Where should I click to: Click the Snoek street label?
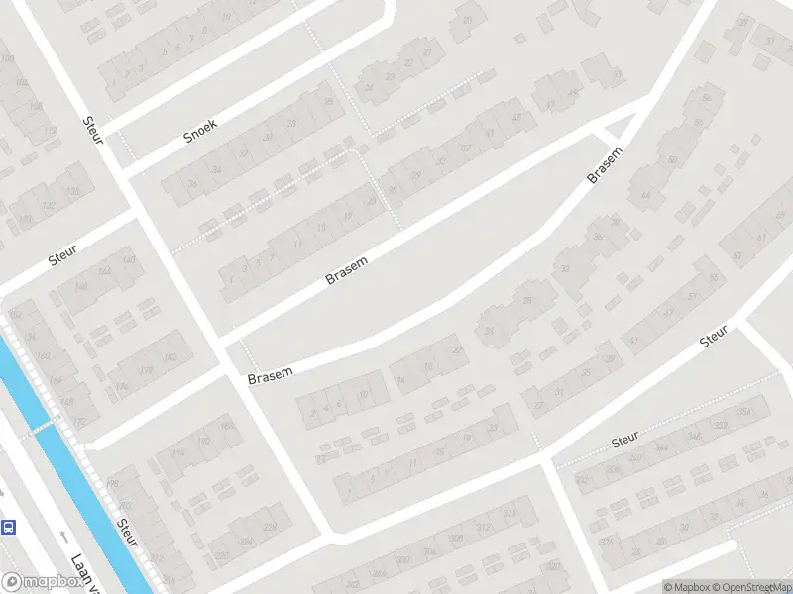pos(200,130)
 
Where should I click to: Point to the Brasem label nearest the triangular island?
pos(606,165)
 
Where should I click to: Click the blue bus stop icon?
pos(9,527)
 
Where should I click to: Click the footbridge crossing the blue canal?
pos(40,427)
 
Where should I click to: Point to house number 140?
pos(129,260)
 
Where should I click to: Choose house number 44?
pos(645,195)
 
